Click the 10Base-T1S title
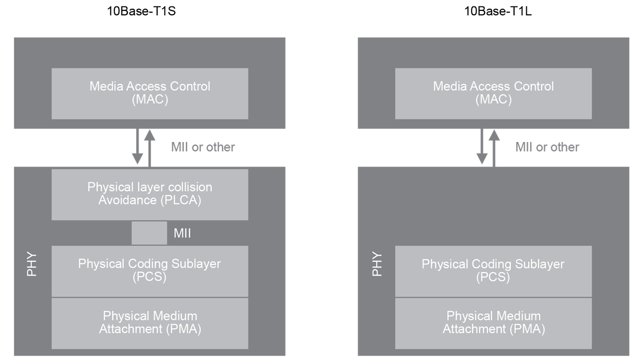142,11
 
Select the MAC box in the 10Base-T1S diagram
150,93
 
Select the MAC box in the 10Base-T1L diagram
493,93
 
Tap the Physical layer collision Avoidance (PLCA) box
150,195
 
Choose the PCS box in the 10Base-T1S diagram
150,271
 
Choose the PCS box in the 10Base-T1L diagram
493,271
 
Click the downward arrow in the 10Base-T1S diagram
138,147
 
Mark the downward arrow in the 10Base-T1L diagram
481,147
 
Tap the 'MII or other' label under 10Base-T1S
203,147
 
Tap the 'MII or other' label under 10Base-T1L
547,147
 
